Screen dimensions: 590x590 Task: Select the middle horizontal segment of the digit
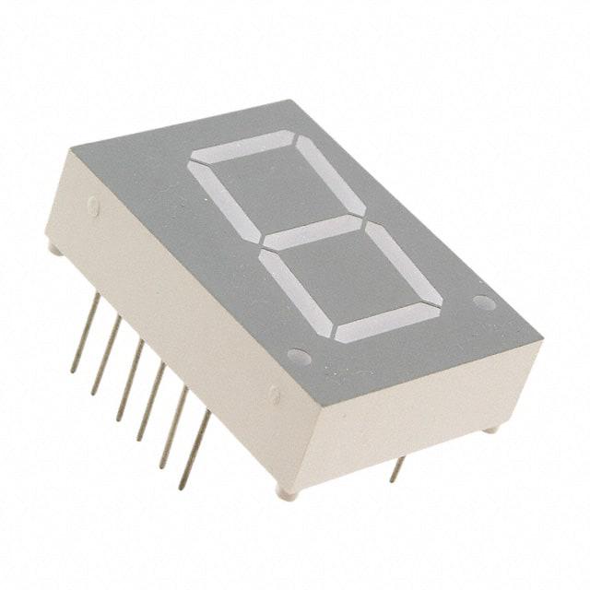tap(313, 232)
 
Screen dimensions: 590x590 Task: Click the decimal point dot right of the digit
tap(484, 302)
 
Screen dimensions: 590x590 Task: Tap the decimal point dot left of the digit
tap(298, 356)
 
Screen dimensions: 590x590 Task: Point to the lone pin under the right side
tap(397, 469)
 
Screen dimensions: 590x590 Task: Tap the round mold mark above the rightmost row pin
tap(274, 395)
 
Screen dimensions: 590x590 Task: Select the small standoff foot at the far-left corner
tap(53, 248)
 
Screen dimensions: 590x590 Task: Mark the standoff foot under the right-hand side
tap(492, 428)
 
